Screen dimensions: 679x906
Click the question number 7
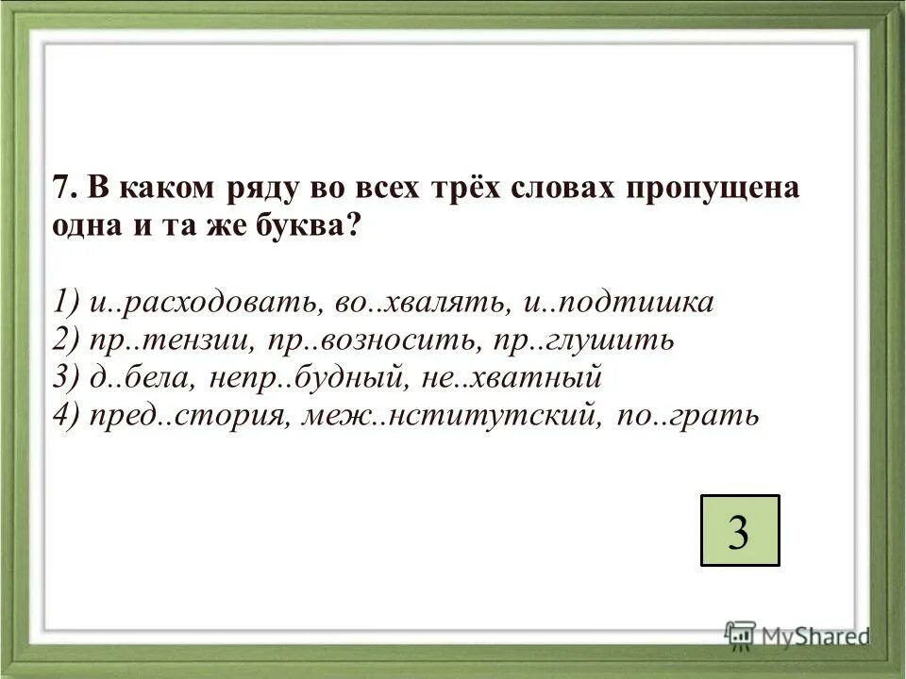(62, 188)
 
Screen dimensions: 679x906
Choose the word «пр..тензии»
(164, 339)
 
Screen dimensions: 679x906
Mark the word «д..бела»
(136, 377)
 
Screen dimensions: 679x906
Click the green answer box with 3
(740, 530)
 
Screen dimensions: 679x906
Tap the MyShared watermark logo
(797, 635)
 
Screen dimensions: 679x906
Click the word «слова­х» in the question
(561, 188)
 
